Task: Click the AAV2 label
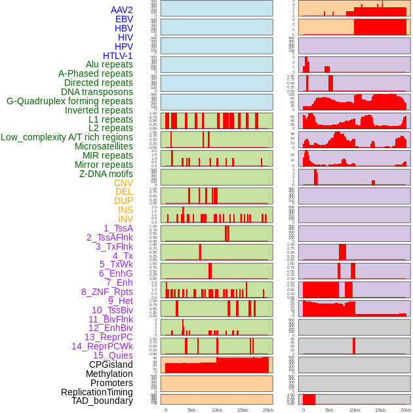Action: [x=122, y=10]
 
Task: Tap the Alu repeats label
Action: [x=109, y=64]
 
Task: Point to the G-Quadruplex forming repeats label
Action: [x=69, y=101]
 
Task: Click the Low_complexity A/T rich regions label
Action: [x=67, y=137]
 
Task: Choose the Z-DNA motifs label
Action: [x=106, y=174]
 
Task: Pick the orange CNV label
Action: [x=123, y=183]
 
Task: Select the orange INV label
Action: [x=125, y=219]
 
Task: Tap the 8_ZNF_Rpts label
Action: [x=107, y=292]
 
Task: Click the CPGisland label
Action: [x=111, y=364]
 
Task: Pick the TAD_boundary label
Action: [x=102, y=401]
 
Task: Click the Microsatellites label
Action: [x=104, y=146]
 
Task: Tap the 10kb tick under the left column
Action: [x=216, y=410]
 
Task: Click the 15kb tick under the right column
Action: [x=380, y=410]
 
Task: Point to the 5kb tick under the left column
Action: [x=191, y=410]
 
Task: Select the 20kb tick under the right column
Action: [x=406, y=410]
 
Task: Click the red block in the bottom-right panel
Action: [x=309, y=399]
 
